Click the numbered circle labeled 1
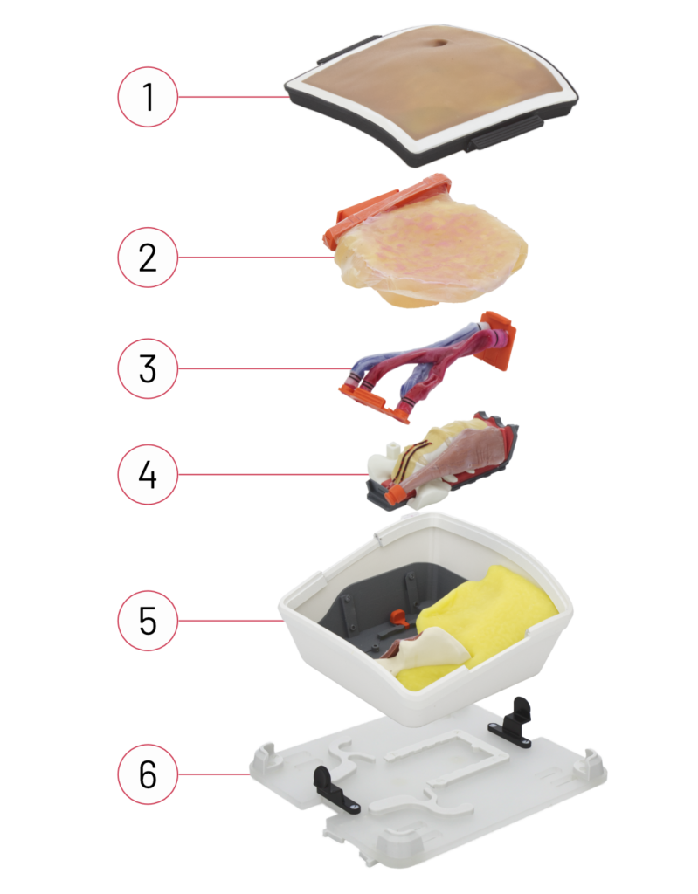[x=148, y=97]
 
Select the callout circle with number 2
[x=148, y=258]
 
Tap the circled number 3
[x=148, y=368]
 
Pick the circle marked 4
[x=148, y=474]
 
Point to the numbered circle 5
[x=148, y=621]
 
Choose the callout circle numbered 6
[x=148, y=774]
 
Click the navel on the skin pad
[x=439, y=44]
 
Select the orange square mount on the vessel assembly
[x=498, y=340]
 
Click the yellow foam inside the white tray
[x=485, y=622]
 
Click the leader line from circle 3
[x=263, y=368]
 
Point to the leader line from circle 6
[x=214, y=774]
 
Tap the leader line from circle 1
[x=234, y=97]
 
